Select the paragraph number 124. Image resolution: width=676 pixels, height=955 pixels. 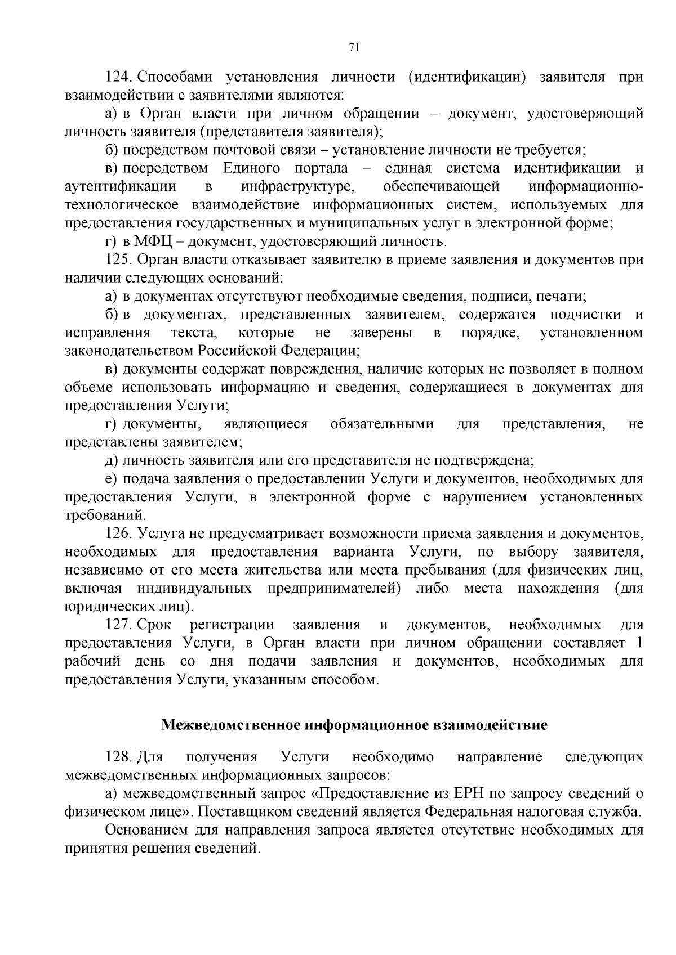click(x=118, y=77)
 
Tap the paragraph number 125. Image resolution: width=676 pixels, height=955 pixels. click(x=118, y=260)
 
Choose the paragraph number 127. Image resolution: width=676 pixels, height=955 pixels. click(x=118, y=625)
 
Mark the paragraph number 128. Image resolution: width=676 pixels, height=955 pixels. click(x=118, y=757)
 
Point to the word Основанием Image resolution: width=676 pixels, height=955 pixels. click(x=147, y=831)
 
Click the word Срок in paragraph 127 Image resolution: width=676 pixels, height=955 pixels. click(x=154, y=625)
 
